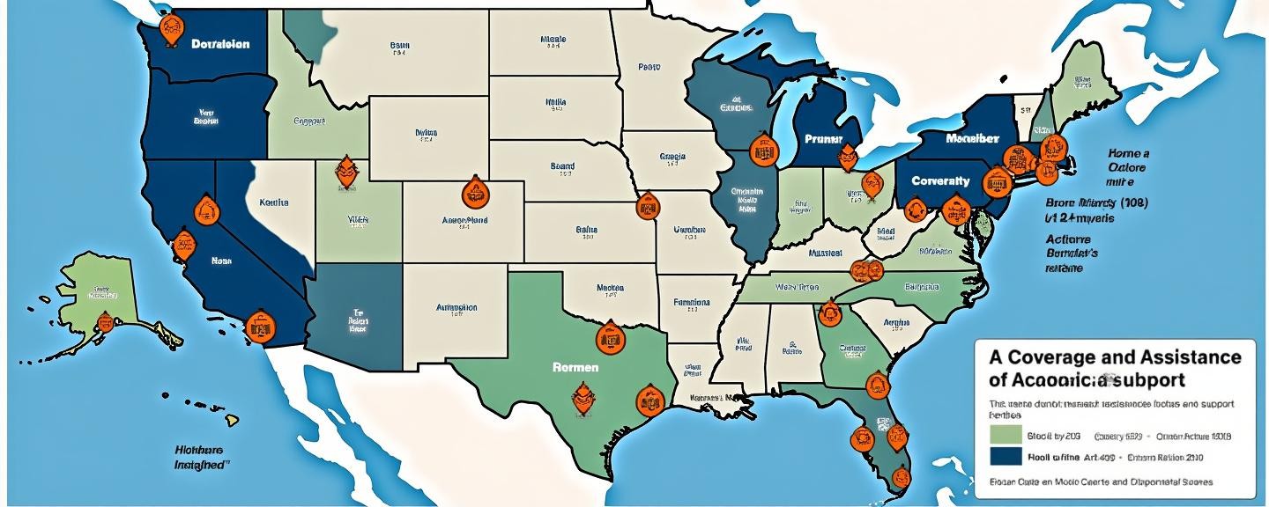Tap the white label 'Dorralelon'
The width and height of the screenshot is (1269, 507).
(x=220, y=43)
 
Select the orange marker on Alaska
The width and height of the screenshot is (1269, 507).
(x=106, y=323)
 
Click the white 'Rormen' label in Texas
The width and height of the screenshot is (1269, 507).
(x=575, y=366)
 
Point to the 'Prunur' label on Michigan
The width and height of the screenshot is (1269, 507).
(x=823, y=139)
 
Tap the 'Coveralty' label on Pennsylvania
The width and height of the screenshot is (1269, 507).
(x=940, y=180)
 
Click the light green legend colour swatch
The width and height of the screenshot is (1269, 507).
(x=1006, y=435)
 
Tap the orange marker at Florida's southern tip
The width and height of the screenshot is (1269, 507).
(x=899, y=476)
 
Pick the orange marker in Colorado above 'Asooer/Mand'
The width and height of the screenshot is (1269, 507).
(x=474, y=193)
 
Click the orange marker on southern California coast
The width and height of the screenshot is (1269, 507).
(x=257, y=326)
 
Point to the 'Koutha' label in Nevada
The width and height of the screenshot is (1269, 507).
(x=274, y=202)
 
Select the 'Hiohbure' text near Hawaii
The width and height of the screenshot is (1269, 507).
(x=199, y=447)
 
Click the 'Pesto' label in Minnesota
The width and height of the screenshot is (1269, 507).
(x=649, y=66)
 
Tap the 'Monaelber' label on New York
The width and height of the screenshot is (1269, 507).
(x=972, y=139)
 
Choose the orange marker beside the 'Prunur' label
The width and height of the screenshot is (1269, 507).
(x=847, y=158)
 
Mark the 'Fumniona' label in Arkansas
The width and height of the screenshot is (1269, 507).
(x=691, y=301)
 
